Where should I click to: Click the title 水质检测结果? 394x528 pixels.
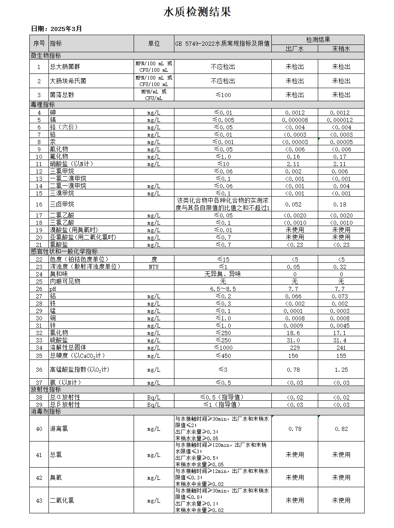point(197,12)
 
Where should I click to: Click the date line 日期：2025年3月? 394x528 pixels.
point(57,29)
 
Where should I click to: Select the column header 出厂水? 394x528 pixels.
point(295,49)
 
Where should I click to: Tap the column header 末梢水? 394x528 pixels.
point(341,49)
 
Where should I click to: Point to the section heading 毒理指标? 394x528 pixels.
point(43,105)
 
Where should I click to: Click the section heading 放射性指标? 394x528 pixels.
point(46,390)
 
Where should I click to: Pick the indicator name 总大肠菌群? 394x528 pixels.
point(65,67)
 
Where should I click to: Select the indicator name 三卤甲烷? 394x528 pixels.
point(62,204)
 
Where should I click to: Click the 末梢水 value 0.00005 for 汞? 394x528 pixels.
point(341,142)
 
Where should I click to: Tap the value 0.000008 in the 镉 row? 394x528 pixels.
point(295,120)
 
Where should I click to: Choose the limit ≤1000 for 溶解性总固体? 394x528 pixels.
point(223,348)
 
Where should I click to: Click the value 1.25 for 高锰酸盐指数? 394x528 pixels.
point(341,370)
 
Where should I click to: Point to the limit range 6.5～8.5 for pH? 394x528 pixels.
point(223,289)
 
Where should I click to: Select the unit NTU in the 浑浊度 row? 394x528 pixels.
point(154,267)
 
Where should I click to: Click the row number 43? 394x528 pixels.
point(39,501)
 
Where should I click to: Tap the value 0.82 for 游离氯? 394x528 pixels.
point(341,429)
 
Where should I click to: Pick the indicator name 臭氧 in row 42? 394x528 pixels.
point(56,478)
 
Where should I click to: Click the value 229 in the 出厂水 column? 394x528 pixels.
point(295,348)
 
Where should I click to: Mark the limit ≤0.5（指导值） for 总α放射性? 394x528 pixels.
point(223,397)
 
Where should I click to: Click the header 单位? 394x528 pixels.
point(154,44)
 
